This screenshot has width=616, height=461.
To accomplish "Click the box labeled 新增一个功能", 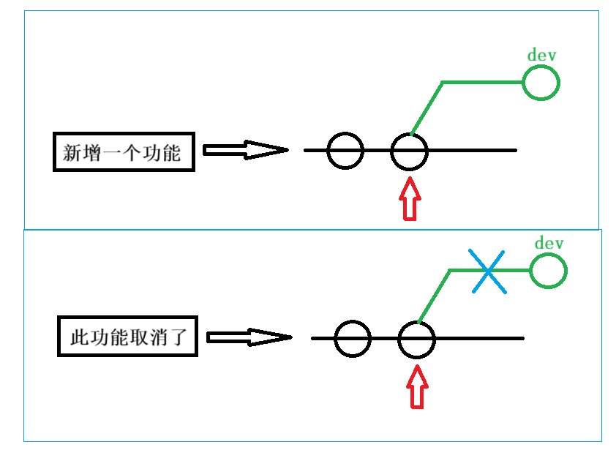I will point(124,152).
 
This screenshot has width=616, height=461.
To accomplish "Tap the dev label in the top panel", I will point(540,56).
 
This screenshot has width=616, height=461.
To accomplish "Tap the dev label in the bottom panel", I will point(549,243).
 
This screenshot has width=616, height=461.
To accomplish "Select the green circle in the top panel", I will point(541,83).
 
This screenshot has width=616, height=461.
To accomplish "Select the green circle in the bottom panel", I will point(549,271).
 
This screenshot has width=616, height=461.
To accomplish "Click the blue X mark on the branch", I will point(487,271).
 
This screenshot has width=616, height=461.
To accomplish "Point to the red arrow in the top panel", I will point(410,198).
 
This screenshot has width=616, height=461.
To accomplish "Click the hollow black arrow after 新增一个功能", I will point(244,150).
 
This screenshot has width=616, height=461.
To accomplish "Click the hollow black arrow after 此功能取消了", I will point(249,337).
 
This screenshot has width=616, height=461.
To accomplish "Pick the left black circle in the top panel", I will point(345,151).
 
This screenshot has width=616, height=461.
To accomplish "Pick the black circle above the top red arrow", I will point(409,151).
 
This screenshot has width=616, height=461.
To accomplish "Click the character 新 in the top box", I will point(72,153).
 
